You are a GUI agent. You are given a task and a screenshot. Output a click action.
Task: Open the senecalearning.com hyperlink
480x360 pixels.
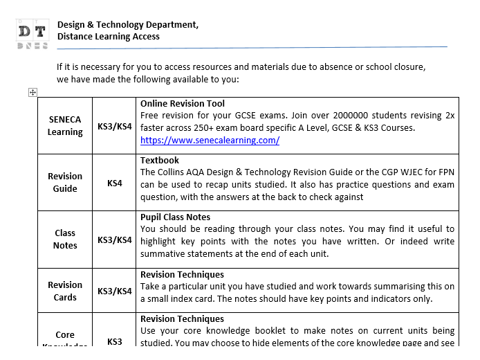point(210,140)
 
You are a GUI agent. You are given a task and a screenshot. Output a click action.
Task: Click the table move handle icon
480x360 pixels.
point(33,92)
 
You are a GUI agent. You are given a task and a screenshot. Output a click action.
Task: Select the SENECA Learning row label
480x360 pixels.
point(65,125)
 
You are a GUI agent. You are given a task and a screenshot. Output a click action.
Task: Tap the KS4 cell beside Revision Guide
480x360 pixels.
point(114,183)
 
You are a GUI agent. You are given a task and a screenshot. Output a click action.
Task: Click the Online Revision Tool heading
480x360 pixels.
point(183,104)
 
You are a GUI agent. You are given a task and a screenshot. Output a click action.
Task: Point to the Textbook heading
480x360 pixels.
point(160,160)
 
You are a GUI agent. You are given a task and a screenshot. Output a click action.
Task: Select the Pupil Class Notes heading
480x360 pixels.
point(175,217)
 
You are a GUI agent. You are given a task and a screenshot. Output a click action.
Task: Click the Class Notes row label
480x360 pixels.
point(65,239)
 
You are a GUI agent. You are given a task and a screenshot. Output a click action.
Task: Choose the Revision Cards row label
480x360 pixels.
point(65,291)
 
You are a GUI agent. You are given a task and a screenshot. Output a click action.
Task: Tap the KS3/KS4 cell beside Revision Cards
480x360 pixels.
point(114,291)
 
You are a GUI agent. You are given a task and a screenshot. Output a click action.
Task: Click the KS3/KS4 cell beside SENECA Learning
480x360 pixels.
point(114,126)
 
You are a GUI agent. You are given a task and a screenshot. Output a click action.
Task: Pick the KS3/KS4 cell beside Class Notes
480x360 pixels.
point(114,240)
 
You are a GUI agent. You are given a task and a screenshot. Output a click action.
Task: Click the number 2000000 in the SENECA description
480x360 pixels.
point(356,116)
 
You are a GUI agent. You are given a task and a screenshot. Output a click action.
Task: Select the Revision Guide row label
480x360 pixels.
point(65,182)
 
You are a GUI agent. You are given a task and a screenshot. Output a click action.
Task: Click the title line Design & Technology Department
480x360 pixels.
point(128,25)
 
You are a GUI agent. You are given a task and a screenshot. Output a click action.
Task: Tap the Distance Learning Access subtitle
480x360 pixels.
point(109,37)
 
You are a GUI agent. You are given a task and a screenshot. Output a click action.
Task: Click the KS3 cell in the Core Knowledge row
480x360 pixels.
point(114,341)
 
